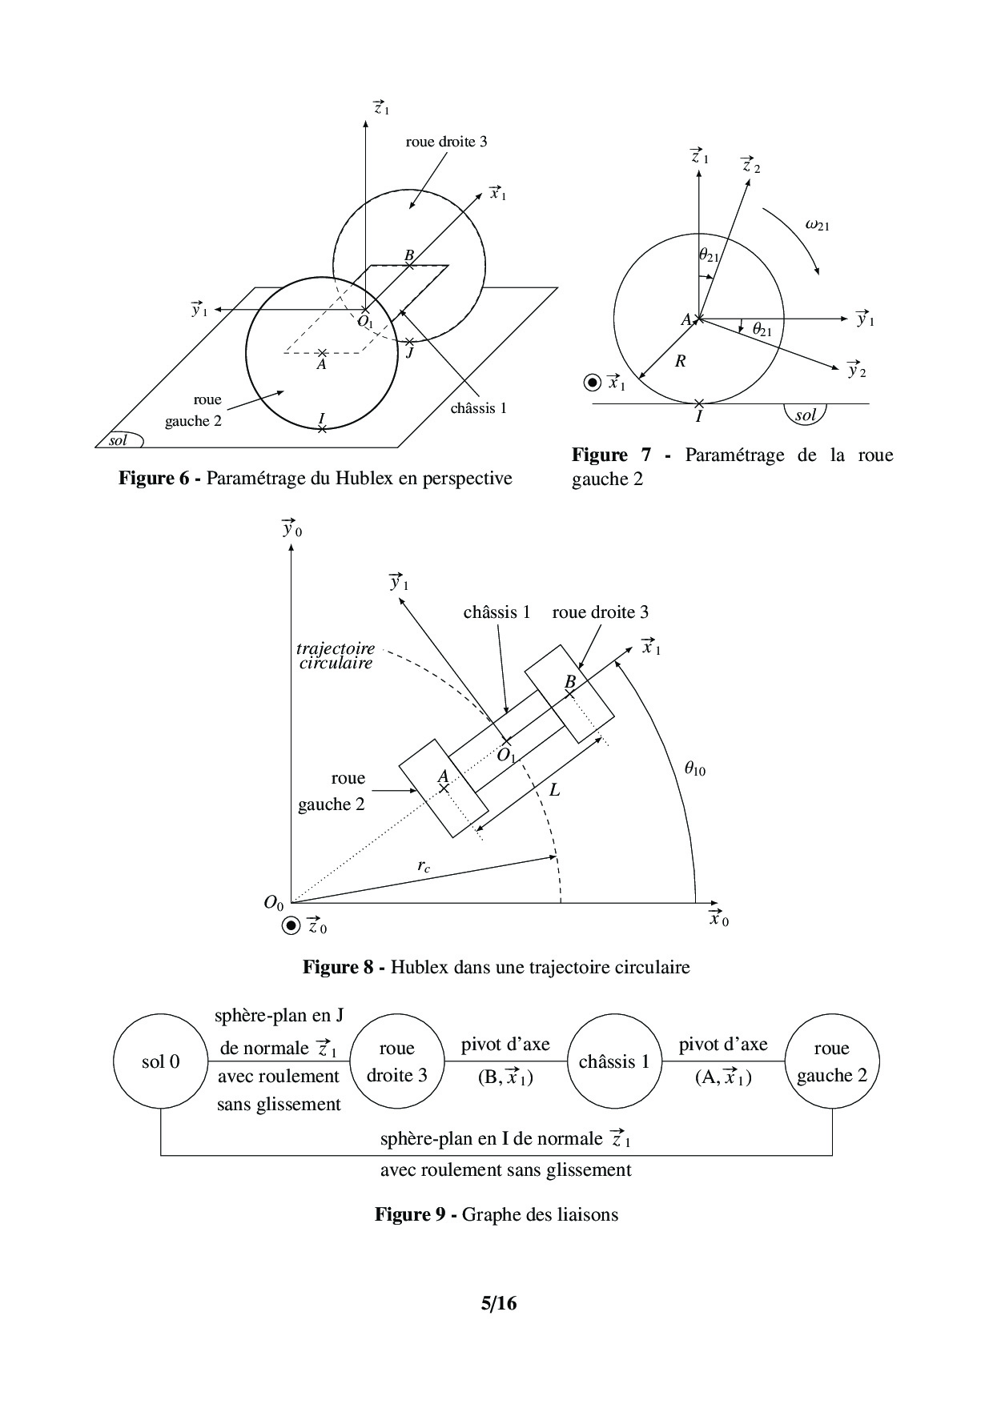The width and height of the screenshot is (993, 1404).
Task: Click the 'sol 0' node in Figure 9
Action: click(160, 1061)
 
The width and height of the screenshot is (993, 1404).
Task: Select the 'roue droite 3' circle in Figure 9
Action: click(396, 1061)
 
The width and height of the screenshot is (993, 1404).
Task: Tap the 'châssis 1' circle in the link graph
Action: click(613, 1061)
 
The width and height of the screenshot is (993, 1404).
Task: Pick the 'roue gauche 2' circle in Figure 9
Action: click(831, 1061)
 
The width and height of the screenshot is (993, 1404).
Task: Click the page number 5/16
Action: click(498, 1304)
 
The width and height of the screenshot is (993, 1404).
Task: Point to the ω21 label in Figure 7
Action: click(817, 226)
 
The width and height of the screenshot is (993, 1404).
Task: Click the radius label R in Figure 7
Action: click(680, 361)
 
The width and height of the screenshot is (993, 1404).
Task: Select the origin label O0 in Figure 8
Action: click(274, 903)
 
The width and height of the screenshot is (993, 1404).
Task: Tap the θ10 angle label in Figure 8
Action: click(694, 770)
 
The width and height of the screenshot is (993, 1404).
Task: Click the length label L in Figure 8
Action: click(554, 790)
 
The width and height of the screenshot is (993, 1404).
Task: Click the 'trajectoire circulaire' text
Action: click(336, 656)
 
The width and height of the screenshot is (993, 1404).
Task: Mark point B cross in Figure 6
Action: click(409, 265)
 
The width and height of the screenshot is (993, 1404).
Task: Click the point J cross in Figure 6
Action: click(409, 342)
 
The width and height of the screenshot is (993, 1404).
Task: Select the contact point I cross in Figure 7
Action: click(699, 403)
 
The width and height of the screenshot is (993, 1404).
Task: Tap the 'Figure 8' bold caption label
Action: click(338, 967)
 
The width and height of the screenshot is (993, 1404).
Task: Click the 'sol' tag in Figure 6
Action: click(119, 440)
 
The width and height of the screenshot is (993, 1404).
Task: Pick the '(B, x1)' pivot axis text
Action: click(505, 1077)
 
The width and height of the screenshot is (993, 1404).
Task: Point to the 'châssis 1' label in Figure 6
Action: click(478, 408)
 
